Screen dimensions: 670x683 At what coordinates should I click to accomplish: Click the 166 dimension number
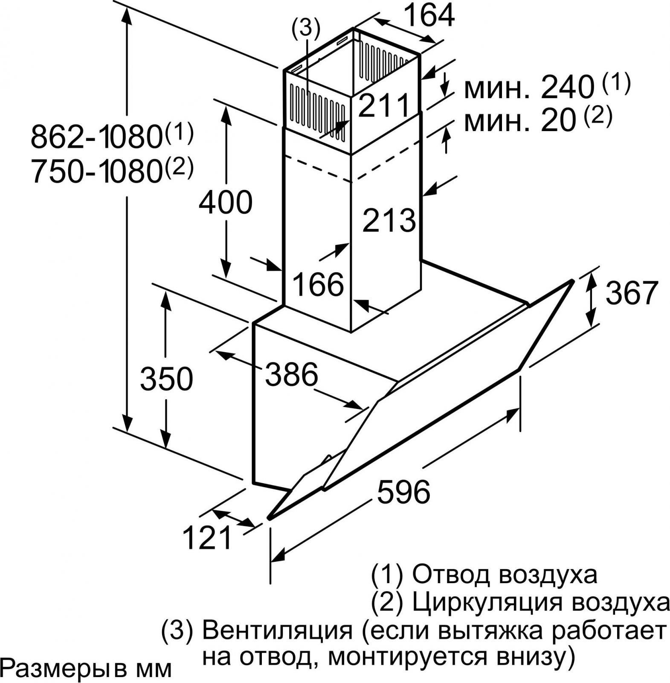(319, 284)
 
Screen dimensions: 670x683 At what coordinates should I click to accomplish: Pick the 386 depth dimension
(292, 374)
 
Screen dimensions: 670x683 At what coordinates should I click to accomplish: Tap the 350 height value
(166, 379)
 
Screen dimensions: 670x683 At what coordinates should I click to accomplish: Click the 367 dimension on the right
(632, 292)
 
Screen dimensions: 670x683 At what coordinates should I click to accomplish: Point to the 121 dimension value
(207, 537)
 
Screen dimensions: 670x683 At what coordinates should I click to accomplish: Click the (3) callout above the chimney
(305, 28)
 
